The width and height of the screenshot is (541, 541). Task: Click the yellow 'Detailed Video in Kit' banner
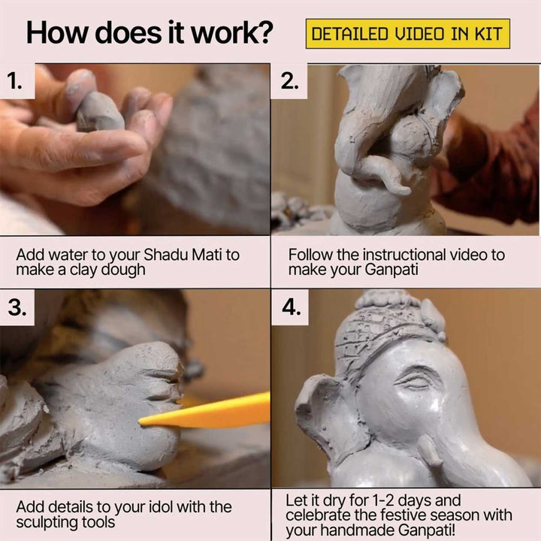tap(408, 34)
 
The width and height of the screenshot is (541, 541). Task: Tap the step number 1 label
tap(14, 82)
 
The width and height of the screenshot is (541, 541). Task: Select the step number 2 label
tap(289, 82)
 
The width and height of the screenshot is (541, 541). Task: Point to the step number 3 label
tap(17, 307)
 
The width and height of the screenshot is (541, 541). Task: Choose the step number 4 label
tap(292, 307)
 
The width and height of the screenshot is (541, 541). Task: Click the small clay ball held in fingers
tap(99, 112)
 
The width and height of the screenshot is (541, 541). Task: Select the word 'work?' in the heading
tap(232, 33)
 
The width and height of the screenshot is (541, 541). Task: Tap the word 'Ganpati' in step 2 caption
tap(391, 270)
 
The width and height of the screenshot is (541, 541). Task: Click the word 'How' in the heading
tap(58, 33)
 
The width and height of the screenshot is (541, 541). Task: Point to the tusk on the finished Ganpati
tap(429, 449)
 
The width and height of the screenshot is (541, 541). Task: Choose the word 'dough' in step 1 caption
tap(122, 270)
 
